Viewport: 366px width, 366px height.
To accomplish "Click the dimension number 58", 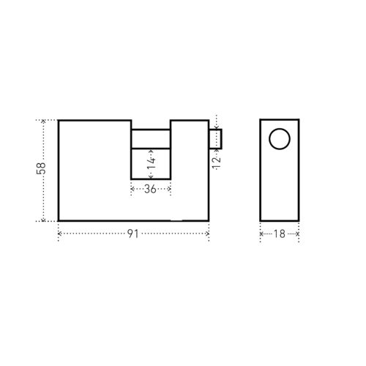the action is [41, 168].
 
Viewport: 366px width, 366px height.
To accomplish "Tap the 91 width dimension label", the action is [133, 234].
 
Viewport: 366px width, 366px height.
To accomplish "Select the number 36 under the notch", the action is [150, 189].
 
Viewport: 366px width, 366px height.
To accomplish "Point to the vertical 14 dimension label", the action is [152, 163].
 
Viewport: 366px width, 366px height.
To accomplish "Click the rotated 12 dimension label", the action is [216, 163].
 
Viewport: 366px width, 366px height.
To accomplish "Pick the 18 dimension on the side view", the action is [280, 234].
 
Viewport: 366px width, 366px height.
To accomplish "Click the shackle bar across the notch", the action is [151, 139].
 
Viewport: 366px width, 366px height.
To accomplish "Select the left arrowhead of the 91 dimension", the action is [59, 234].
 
